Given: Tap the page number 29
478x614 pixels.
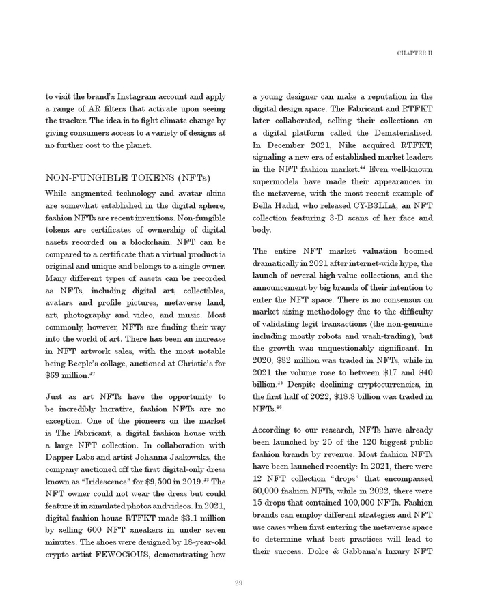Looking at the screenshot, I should (x=238, y=582).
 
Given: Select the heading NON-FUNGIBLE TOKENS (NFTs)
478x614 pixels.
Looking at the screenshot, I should (x=128, y=178).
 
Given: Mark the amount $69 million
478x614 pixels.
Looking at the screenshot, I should (x=66, y=375).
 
